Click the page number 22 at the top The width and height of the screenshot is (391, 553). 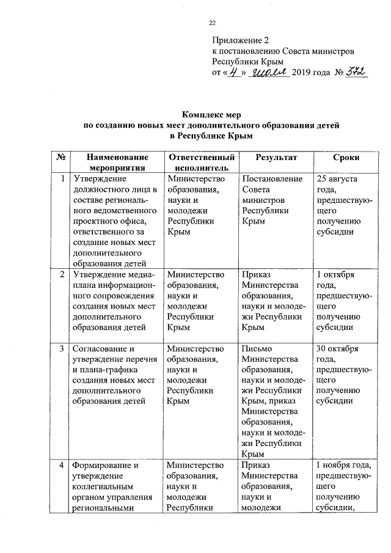[213, 23]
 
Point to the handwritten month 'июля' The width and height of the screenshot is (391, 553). [266, 73]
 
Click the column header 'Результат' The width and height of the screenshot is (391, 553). [276, 158]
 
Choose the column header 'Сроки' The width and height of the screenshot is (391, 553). [346, 158]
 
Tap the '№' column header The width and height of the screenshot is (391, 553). [61, 158]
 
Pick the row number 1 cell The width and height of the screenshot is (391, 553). [62, 179]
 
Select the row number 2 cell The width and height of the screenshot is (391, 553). [62, 274]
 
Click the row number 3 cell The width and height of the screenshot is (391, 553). [62, 349]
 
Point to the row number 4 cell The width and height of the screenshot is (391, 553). [62, 466]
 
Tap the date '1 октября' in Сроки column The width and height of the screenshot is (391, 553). [336, 274]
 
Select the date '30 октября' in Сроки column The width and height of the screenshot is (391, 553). [338, 349]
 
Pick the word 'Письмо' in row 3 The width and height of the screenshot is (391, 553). [258, 349]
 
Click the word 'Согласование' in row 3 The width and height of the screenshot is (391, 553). [100, 349]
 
